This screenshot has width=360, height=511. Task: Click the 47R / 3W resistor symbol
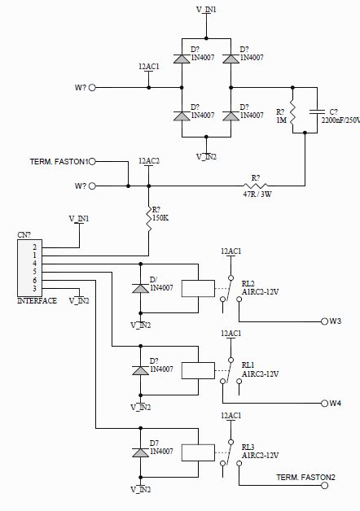(x=255, y=186)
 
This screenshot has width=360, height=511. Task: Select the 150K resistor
(x=149, y=220)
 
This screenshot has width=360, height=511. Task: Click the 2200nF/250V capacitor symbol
(x=317, y=112)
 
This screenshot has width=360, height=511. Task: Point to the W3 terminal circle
(x=324, y=321)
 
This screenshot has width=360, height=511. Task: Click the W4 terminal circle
(x=324, y=404)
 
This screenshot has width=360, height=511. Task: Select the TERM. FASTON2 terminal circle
(x=324, y=486)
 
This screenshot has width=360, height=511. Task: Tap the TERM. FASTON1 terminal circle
(x=92, y=161)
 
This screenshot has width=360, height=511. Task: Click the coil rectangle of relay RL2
(x=198, y=288)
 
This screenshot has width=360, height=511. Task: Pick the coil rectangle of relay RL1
(x=198, y=370)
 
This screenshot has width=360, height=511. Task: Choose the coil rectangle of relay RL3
(x=198, y=452)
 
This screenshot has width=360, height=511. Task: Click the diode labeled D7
(x=141, y=452)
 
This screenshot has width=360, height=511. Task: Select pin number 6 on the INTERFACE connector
(x=34, y=280)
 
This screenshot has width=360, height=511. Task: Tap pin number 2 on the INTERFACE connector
(x=34, y=247)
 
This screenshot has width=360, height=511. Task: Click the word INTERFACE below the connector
(x=37, y=300)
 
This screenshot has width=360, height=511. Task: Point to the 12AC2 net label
(x=149, y=161)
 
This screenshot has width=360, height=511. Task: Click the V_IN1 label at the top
(x=206, y=10)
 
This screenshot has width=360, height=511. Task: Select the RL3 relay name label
(x=248, y=448)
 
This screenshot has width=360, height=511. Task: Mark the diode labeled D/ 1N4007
(x=141, y=288)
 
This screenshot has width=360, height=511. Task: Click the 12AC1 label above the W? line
(x=149, y=67)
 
